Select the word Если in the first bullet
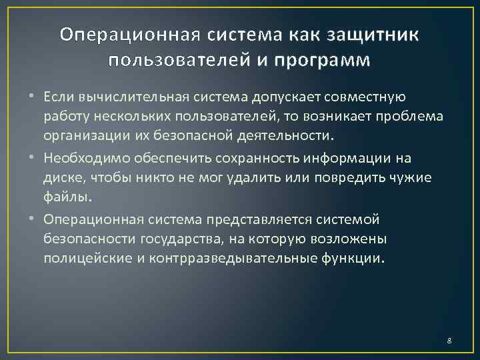[x=58, y=97]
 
